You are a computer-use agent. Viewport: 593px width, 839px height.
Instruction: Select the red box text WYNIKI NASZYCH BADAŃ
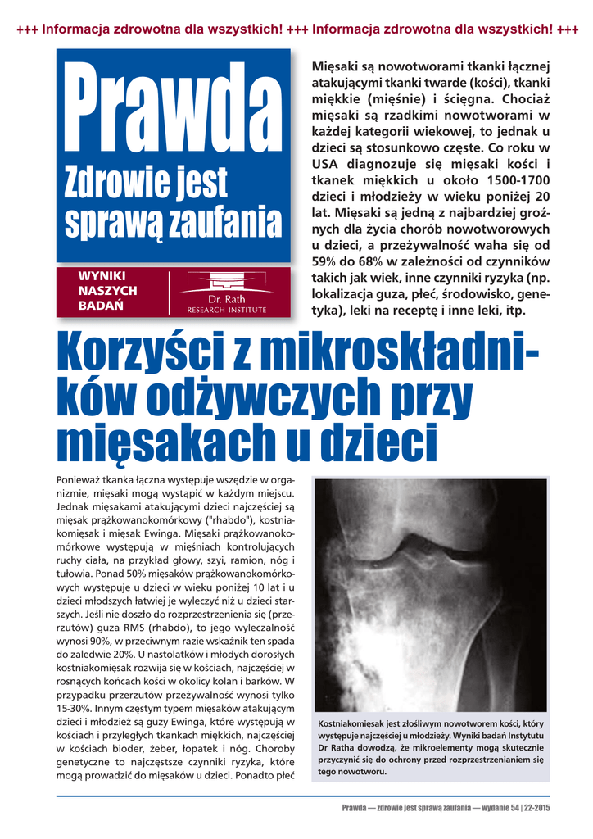click(x=107, y=291)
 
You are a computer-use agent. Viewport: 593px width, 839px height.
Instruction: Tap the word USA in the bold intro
click(x=328, y=163)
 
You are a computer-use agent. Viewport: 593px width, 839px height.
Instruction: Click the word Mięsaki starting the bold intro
click(x=337, y=66)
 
